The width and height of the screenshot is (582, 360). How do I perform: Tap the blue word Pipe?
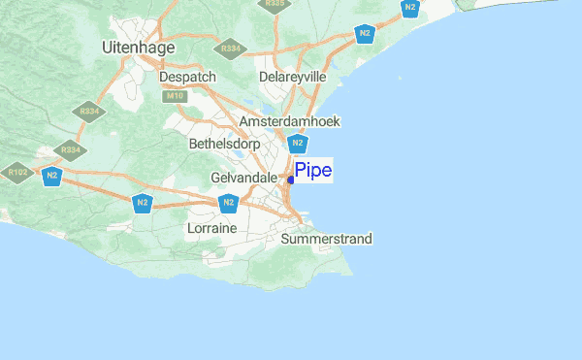[x=313, y=172]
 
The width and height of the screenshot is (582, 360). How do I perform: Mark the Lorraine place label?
[x=211, y=228]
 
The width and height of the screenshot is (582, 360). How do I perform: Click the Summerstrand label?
[x=326, y=238]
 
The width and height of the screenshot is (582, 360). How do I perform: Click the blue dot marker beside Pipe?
[x=291, y=180]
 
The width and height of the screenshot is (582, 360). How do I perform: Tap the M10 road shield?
[x=175, y=96]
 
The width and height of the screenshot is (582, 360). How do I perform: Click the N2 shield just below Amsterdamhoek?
[x=299, y=144]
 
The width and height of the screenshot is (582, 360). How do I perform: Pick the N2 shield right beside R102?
[x=49, y=177]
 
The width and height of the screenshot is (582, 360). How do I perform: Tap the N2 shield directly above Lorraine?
[x=228, y=203]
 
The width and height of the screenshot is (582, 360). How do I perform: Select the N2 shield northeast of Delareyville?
[x=365, y=34]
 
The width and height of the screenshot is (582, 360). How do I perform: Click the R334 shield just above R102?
[x=70, y=150]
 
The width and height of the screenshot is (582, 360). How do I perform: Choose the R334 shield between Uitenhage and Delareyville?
[x=231, y=48]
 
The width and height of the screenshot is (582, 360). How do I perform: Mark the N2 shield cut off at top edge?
[x=411, y=8]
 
